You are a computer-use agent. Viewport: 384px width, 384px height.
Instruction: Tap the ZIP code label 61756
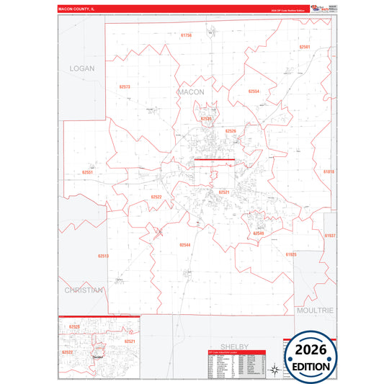(187, 35)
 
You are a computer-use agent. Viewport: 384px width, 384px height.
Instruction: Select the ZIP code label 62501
(305, 47)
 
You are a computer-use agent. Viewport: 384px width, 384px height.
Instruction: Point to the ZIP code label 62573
(125, 87)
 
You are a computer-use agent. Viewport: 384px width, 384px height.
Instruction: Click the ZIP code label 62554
(254, 91)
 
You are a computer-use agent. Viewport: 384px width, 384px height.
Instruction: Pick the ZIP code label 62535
(206, 119)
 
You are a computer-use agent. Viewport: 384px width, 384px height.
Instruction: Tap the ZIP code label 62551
(87, 173)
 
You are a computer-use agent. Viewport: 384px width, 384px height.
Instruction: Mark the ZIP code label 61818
(329, 171)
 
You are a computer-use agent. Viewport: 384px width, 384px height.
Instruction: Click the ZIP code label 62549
(259, 233)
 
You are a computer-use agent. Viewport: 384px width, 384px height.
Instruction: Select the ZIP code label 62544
(185, 245)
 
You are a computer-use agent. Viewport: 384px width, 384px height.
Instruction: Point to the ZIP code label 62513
(103, 256)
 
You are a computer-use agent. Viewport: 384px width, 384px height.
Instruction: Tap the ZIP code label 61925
(291, 254)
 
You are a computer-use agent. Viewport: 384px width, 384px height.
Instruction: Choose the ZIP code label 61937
(330, 236)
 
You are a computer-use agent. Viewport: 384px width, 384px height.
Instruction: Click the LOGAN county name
(82, 68)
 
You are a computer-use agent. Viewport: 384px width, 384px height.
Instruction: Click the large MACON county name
(191, 92)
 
